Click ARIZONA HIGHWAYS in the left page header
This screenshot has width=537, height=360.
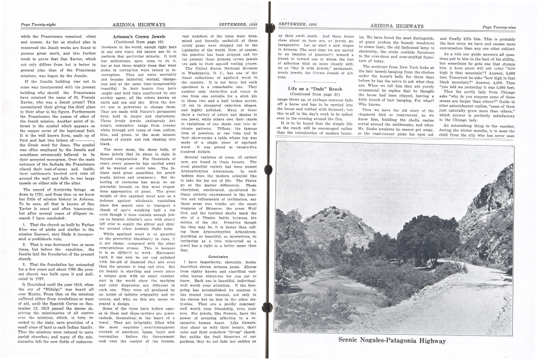pyautogui.click(x=131, y=25)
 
